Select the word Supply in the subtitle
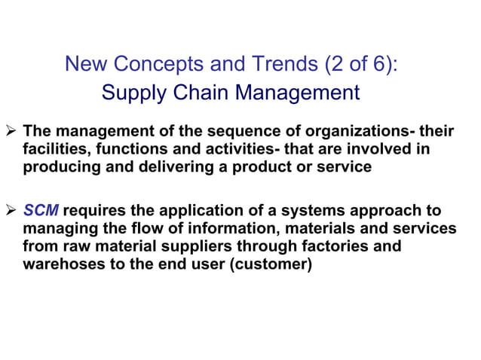130,93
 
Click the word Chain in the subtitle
192,93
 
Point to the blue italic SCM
41,210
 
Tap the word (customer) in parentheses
273,264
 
